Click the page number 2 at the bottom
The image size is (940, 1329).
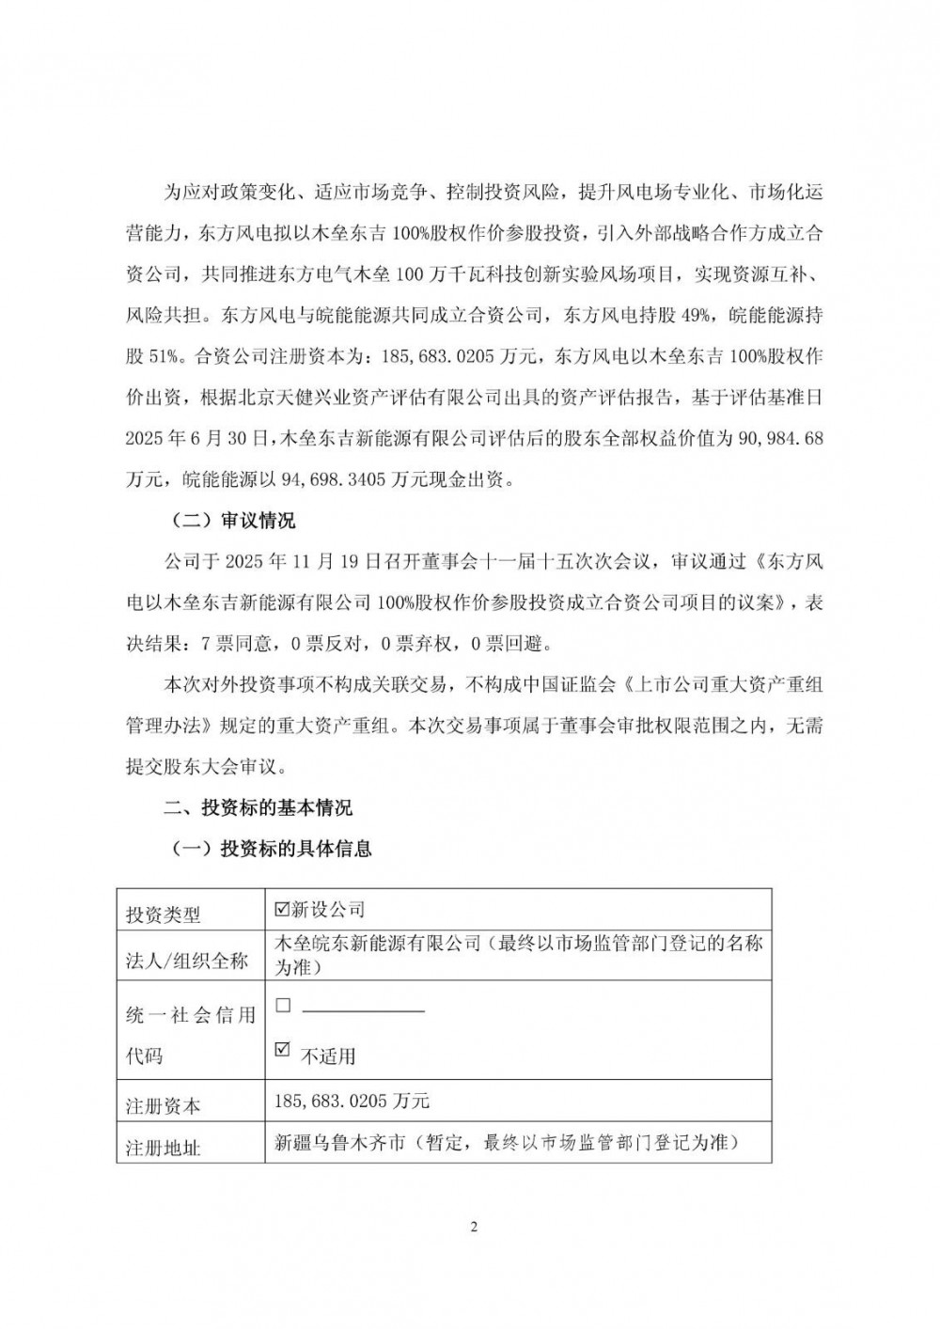click(474, 1227)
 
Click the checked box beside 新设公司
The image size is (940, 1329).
click(280, 909)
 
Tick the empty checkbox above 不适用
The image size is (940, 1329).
click(282, 1005)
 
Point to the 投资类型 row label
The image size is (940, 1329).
click(163, 915)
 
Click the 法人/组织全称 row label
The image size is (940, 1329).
click(186, 961)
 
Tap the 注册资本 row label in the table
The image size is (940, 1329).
click(163, 1106)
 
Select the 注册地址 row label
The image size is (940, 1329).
click(163, 1148)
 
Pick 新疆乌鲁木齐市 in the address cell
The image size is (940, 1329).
click(338, 1142)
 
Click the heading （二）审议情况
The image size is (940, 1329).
click(232, 521)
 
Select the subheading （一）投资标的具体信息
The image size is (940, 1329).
click(271, 849)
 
